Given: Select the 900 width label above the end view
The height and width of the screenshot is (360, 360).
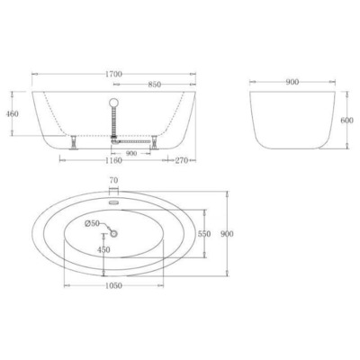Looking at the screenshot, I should [x=292, y=82].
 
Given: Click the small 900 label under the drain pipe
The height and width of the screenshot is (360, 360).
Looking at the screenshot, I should [x=132, y=153].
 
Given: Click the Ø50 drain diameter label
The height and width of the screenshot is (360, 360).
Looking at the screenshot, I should [x=92, y=222].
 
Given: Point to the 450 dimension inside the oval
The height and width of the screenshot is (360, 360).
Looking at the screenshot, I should [x=103, y=250].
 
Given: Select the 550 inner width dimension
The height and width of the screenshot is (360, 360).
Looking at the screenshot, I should [x=203, y=233].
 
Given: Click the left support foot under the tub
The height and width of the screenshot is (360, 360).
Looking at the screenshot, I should [x=72, y=141].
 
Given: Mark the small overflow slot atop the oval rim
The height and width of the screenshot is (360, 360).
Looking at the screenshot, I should [x=114, y=202].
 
